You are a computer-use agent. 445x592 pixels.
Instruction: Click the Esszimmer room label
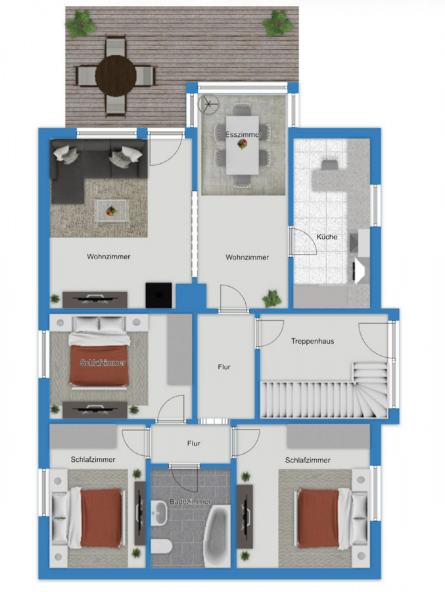(x=243, y=135)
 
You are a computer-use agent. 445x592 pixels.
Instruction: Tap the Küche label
(x=327, y=237)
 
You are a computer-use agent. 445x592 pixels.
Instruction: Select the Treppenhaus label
(x=312, y=341)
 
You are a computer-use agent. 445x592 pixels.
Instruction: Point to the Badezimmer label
(x=190, y=502)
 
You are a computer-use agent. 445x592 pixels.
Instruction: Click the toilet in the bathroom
(x=162, y=547)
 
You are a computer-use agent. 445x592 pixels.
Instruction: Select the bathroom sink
(x=159, y=512)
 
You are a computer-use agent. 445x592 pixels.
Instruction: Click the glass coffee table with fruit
(x=112, y=211)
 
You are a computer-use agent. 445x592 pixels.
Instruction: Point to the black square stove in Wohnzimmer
(x=159, y=295)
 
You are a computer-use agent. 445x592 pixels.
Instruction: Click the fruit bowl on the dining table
(x=243, y=144)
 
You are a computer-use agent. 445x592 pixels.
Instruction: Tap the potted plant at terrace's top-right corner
(x=278, y=23)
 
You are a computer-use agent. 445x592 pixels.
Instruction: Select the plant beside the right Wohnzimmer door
(x=272, y=298)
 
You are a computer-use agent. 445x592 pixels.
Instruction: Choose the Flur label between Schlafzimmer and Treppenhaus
(x=224, y=367)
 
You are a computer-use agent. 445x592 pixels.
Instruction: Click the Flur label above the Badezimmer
(x=194, y=443)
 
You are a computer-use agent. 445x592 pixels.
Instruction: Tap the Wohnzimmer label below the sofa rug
(x=108, y=257)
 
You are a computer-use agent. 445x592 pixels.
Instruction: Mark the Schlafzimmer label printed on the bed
(x=103, y=363)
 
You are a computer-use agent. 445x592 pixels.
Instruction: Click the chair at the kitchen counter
(x=329, y=165)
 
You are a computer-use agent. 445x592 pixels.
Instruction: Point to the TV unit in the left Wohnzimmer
(x=95, y=299)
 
